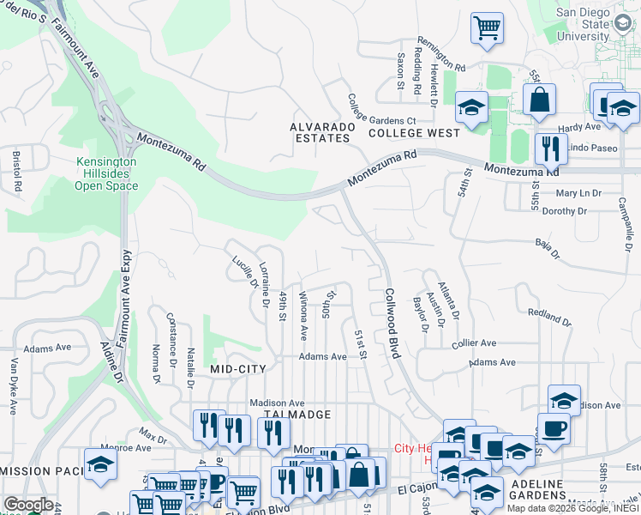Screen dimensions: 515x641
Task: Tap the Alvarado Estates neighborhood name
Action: click(x=325, y=131)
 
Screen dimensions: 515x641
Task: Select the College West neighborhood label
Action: click(x=414, y=134)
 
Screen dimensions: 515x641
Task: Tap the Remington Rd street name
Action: click(x=441, y=54)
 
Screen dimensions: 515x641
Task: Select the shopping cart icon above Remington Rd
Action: click(x=487, y=27)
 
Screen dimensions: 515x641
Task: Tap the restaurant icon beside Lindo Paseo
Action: click(x=548, y=149)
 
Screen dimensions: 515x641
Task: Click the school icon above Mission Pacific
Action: click(x=101, y=464)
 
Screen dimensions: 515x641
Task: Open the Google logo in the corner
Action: click(x=28, y=505)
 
